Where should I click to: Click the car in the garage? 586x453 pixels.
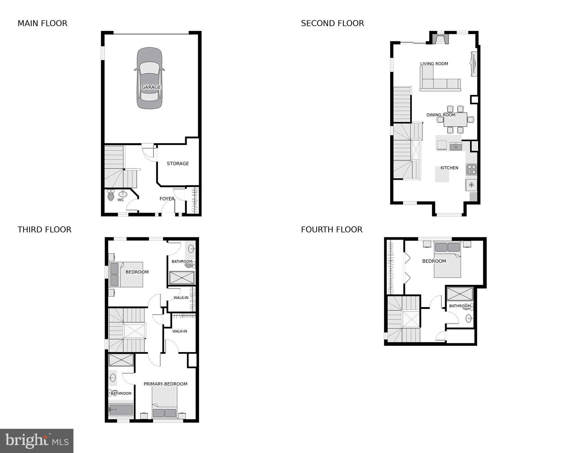coord(150,78)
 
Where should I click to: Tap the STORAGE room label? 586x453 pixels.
coord(178,163)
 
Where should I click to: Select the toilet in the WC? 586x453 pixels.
coord(111,195)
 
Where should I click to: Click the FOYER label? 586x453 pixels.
coord(167,199)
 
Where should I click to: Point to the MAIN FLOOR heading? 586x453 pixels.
coord(42,23)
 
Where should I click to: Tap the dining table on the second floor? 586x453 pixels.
coord(455,120)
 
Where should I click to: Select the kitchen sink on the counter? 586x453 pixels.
coord(456,146)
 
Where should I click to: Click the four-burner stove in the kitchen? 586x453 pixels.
coord(471,169)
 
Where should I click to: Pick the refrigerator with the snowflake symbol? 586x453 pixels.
coord(471,185)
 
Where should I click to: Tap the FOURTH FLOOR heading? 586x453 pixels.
coord(331,230)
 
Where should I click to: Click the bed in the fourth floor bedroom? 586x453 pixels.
coord(447,260)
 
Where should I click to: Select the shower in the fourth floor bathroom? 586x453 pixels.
coord(459,294)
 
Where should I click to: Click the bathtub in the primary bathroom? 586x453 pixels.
coord(121,409)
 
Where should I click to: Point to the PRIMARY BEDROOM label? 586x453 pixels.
coord(165,384)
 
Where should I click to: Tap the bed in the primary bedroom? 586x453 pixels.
coord(165,403)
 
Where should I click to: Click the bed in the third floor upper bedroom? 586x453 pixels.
coord(126,274)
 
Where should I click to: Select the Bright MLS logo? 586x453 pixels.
coord(37,441)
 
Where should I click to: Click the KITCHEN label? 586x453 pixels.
coord(449,168)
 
